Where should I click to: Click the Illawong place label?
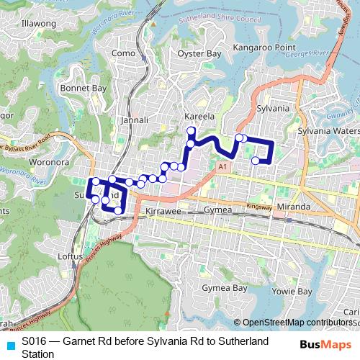pos(40,24)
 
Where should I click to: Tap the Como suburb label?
pos(124,53)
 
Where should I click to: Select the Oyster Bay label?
pos(199,53)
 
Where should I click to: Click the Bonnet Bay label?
pos(84,88)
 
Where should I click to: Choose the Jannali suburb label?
pos(135,120)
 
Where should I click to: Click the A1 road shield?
pos(222,166)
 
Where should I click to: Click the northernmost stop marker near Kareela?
pos(192,130)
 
